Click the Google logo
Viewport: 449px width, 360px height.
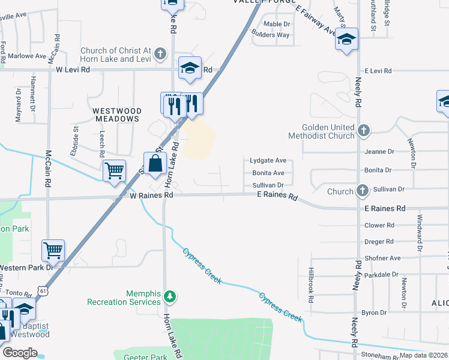point(20,352)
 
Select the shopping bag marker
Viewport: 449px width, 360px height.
point(155,163)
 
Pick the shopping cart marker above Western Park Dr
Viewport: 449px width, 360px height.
point(53,250)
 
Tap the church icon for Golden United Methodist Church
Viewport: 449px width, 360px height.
point(363,131)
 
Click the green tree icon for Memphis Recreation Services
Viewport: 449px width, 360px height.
point(170,296)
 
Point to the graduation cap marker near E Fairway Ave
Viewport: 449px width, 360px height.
point(346,39)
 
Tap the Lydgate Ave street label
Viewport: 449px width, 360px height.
point(268,161)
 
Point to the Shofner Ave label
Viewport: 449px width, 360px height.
point(382,258)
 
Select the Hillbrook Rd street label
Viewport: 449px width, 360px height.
point(311,284)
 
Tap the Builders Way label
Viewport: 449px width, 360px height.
point(271,35)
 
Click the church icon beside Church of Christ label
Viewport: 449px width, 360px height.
point(160,54)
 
